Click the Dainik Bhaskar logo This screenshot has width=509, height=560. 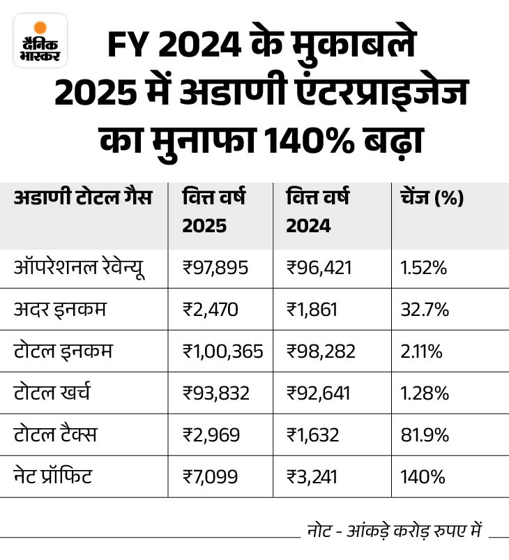[x=40, y=40]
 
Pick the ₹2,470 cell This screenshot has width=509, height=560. [x=211, y=310]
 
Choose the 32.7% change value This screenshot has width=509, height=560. [x=424, y=310]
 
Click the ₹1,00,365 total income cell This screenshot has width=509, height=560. [x=222, y=352]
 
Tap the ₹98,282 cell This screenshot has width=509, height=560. [x=321, y=352]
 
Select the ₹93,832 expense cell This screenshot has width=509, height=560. [x=215, y=394]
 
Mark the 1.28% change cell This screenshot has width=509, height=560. [x=423, y=394]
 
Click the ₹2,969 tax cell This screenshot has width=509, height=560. [x=211, y=436]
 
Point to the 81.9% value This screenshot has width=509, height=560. [x=424, y=436]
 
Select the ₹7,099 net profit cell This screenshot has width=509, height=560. [x=211, y=478]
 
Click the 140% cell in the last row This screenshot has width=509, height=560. [x=420, y=478]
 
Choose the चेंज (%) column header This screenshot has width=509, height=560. [x=432, y=199]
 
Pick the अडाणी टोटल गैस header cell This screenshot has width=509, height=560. [x=82, y=199]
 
